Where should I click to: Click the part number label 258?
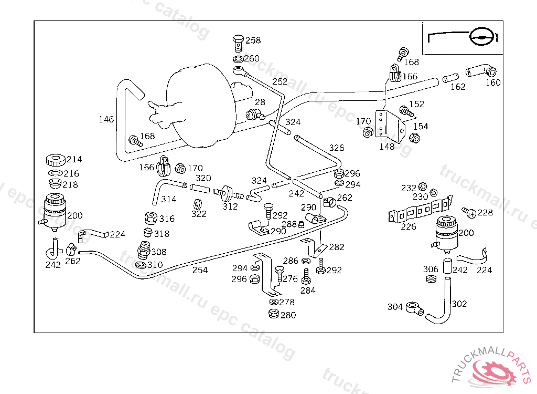tap(253, 40)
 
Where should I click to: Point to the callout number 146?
tap(106, 120)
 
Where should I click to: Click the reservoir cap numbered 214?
tap(55, 159)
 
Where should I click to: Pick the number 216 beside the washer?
tap(71, 173)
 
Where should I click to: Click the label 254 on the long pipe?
tap(200, 270)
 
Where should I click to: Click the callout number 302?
tap(459, 304)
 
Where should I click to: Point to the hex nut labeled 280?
tap(273, 314)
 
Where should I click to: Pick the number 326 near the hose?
tap(336, 148)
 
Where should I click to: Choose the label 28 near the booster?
tap(260, 102)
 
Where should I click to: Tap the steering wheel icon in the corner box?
tap(481, 37)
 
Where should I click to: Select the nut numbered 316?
tap(149, 217)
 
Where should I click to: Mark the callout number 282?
tap(337, 247)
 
